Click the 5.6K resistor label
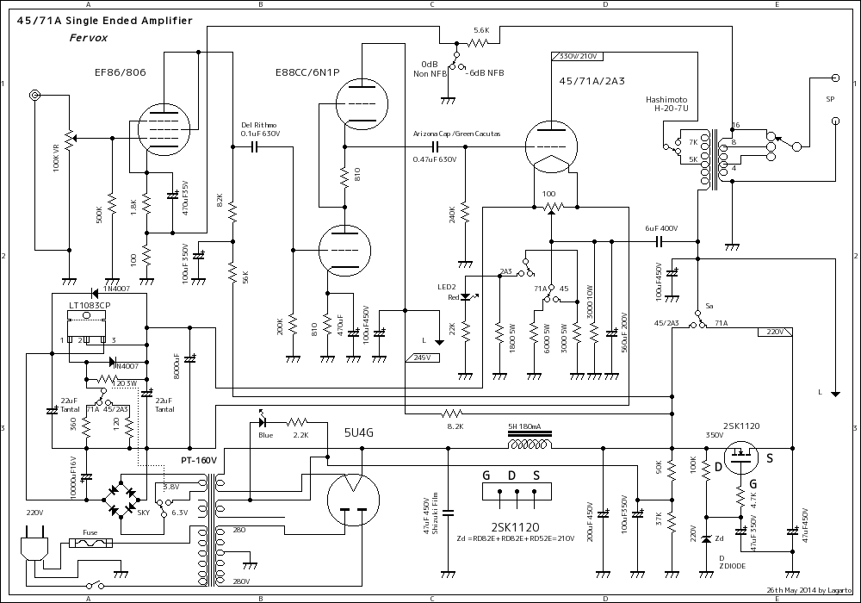coord(480,29)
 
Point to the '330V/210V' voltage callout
coord(578,56)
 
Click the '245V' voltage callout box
coord(422,357)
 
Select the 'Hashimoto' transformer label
coord(666,100)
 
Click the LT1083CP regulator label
coord(89,306)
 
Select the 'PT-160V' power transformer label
coord(199,461)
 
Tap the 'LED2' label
coord(446,286)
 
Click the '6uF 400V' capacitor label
coord(661,228)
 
